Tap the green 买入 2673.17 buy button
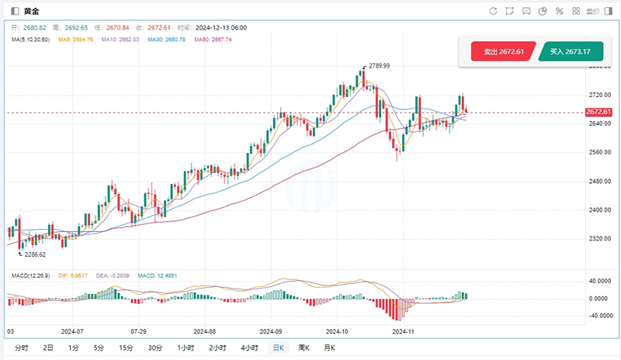(x=570, y=51)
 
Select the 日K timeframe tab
(x=276, y=348)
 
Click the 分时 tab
(x=21, y=348)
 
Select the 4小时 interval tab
(x=249, y=348)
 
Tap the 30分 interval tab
(x=155, y=348)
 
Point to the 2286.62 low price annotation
(x=35, y=254)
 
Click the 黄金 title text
(x=32, y=11)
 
